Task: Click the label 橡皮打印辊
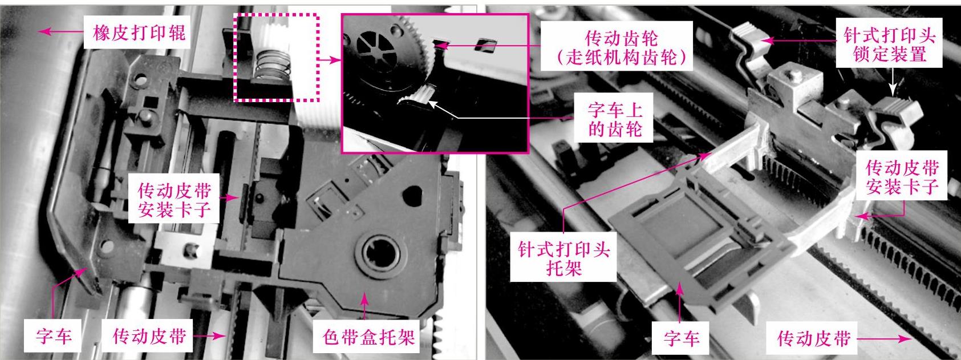point(139,33)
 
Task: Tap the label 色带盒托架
point(368,337)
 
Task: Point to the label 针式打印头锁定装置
point(889,45)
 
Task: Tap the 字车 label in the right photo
point(682,338)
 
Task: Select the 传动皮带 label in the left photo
point(149,336)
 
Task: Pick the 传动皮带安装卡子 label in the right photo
point(902,176)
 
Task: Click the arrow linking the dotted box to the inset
point(330,60)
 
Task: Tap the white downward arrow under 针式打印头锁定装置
point(893,82)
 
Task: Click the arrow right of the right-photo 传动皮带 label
point(885,339)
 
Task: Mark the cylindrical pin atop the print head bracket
point(796,76)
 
